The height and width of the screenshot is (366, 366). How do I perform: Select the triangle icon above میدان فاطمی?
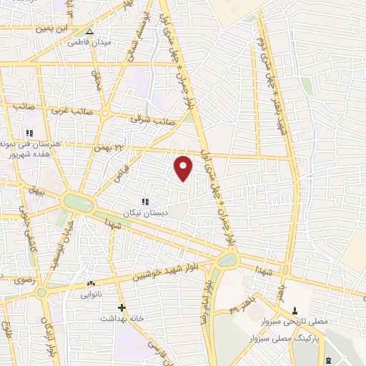coord(89,32)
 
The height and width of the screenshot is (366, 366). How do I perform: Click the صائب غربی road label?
coord(66,111)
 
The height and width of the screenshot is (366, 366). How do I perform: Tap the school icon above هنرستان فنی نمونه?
coord(29,133)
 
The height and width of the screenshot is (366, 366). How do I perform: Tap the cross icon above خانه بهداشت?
coord(122,307)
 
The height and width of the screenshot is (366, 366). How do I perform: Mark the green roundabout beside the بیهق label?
coord(78,202)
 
